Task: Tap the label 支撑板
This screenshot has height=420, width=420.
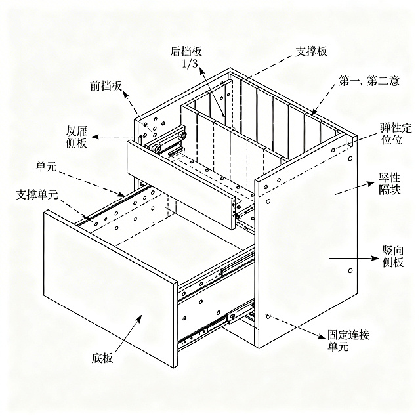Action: (x=312, y=51)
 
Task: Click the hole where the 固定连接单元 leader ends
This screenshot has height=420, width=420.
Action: (x=268, y=316)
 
